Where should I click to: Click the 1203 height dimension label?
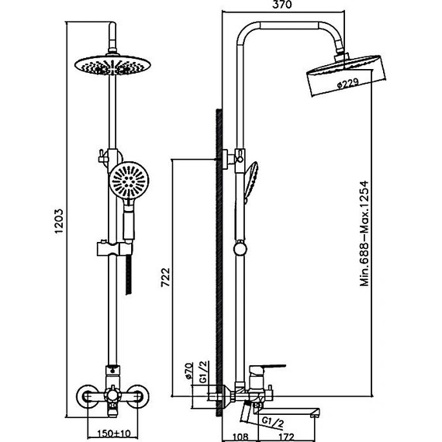[59, 221]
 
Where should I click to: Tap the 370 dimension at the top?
[282, 5]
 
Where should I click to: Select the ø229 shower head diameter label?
[348, 83]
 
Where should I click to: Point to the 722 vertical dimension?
[165, 278]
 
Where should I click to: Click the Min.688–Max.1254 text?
[364, 233]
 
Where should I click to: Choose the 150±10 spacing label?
[114, 433]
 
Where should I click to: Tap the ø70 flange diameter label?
[189, 371]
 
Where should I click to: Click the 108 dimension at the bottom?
[241, 437]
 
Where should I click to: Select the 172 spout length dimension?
[286, 437]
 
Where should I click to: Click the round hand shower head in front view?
[129, 181]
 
